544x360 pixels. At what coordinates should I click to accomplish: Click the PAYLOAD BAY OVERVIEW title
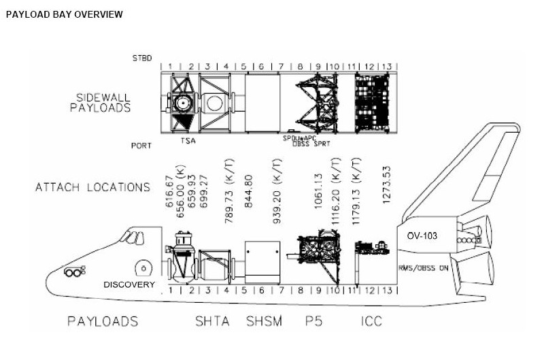pyautogui.click(x=64, y=14)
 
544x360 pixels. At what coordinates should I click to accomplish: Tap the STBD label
pyautogui.click(x=142, y=59)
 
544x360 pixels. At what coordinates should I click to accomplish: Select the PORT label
pyautogui.click(x=142, y=145)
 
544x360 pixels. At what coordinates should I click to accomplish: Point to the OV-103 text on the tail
pyautogui.click(x=422, y=235)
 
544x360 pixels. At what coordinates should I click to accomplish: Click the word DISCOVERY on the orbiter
pyautogui.click(x=129, y=284)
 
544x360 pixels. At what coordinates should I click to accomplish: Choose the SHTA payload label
pyautogui.click(x=212, y=321)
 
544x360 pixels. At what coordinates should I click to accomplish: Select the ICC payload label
pyautogui.click(x=371, y=321)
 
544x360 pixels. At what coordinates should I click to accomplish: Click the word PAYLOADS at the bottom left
pyautogui.click(x=103, y=321)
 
